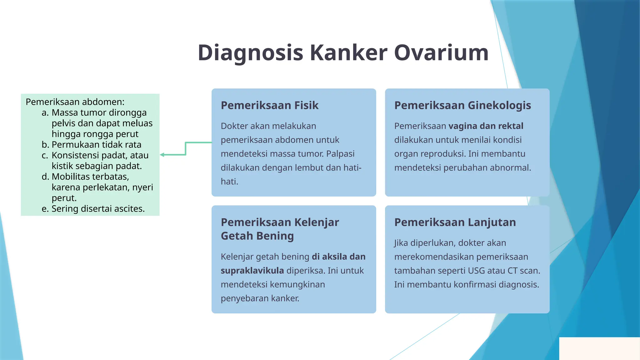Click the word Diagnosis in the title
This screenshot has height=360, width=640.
250,52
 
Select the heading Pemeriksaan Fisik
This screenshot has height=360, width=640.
269,105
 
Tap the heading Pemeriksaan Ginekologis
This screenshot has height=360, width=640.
462,105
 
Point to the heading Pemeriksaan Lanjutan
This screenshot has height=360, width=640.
455,222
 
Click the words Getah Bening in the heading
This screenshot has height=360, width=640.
257,236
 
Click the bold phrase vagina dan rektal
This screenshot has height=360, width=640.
486,126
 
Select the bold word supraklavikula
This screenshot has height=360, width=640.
252,270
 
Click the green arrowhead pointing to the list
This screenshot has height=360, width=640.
162,155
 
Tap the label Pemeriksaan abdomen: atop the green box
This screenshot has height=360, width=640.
75,102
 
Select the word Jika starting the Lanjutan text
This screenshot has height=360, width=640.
401,243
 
